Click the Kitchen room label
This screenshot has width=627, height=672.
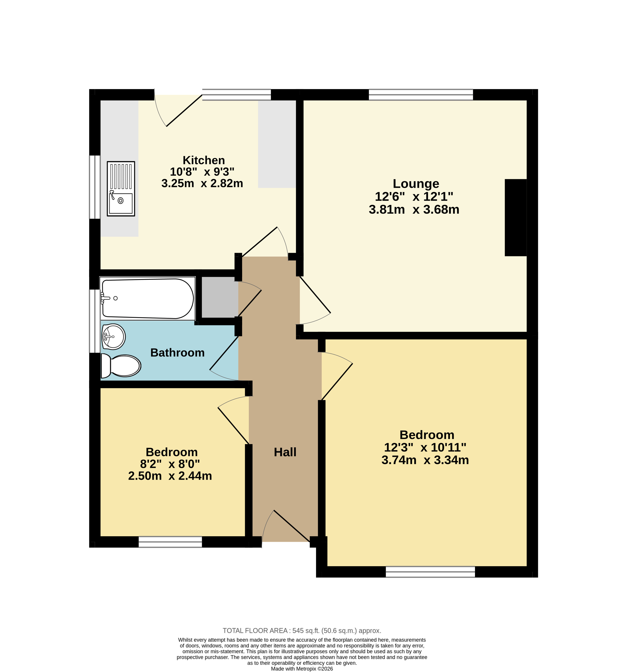[204, 160]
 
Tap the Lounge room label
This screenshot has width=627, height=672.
[416, 184]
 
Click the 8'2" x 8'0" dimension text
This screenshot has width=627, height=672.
[170, 464]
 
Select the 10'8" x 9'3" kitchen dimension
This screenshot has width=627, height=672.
[202, 172]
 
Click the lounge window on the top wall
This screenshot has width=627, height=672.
[421, 95]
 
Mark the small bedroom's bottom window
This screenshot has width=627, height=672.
[170, 542]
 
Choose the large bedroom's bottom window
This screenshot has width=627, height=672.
[430, 572]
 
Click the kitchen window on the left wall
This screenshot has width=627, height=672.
[95, 187]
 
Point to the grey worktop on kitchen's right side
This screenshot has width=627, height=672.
[277, 144]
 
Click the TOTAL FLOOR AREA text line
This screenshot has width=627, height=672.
[302, 630]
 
